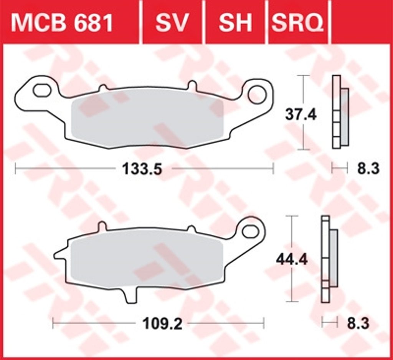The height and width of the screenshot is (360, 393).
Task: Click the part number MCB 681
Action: point(62,23)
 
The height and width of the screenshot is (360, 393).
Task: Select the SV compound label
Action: point(172,23)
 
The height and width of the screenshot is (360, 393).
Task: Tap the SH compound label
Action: point(235,23)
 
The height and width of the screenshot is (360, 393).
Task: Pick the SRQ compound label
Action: point(298,23)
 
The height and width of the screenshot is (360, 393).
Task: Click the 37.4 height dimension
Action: point(301,115)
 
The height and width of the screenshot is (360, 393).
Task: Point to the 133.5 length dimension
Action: point(142,169)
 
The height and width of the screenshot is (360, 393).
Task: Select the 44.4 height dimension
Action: point(292,260)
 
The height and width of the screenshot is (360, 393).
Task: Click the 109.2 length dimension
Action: point(162,324)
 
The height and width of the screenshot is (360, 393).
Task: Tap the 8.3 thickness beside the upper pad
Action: point(368,169)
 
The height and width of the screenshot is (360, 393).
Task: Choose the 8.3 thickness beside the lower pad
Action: point(358,324)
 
